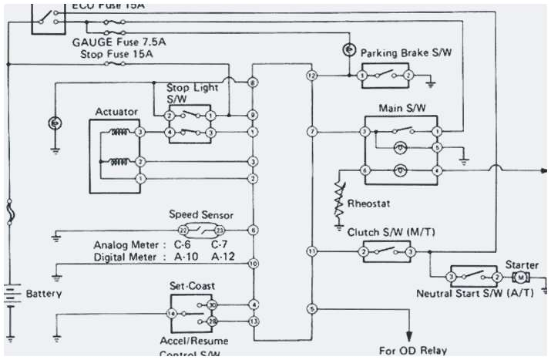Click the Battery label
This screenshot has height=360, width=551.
point(44,294)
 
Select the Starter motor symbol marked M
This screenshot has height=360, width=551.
point(522,277)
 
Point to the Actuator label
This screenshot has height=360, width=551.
point(116,112)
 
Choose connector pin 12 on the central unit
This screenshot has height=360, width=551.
point(311,76)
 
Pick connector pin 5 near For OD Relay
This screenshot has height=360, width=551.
point(311,309)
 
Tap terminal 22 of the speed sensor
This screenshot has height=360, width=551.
point(183,230)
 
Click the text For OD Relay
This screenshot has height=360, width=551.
point(412,350)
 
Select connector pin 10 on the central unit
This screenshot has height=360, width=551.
point(253,264)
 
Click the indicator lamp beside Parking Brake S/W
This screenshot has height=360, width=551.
point(348,50)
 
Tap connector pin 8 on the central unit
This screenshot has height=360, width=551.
point(253,82)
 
